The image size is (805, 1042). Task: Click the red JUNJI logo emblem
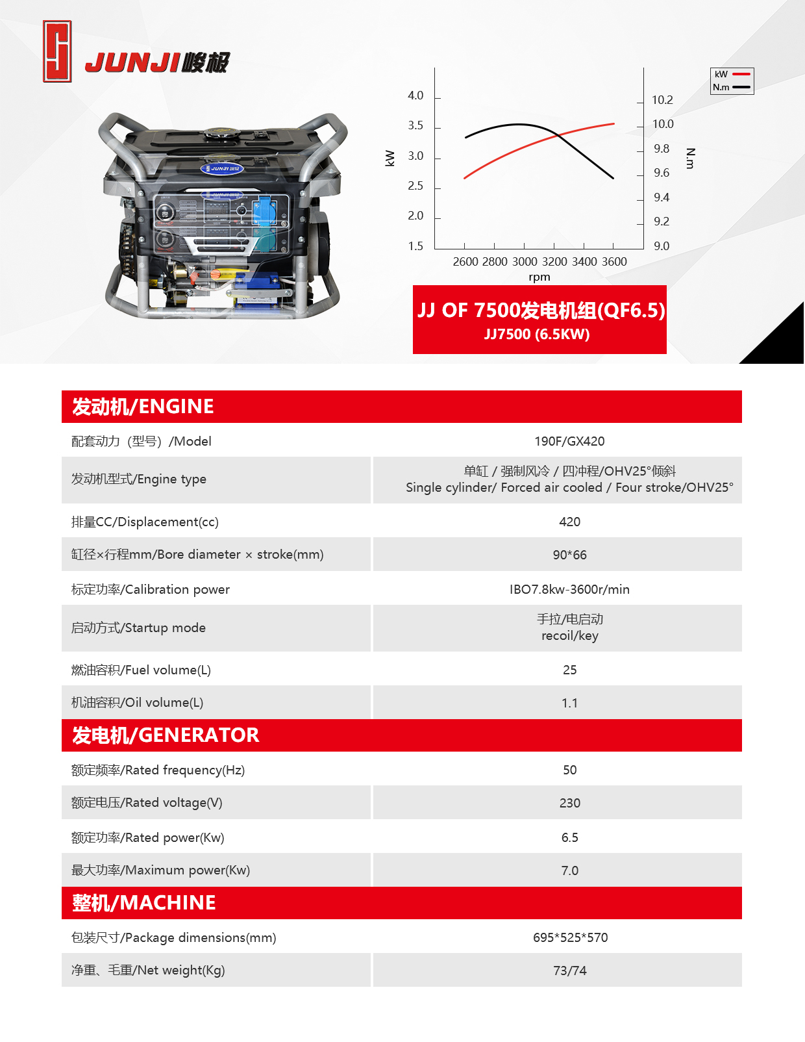[57, 51]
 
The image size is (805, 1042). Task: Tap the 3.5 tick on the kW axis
[415, 125]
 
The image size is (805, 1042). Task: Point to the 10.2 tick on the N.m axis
[662, 100]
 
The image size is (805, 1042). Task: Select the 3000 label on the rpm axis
[525, 262]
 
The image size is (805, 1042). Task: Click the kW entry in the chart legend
[732, 74]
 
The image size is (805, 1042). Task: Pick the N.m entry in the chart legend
[732, 87]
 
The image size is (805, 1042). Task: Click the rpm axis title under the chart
[539, 277]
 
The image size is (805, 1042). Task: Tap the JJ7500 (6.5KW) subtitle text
[537, 334]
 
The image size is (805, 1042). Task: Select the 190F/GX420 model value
[569, 441]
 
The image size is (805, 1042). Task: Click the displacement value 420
[569, 522]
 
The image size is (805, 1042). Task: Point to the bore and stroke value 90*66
[569, 555]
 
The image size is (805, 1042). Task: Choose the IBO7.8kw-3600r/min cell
[569, 589]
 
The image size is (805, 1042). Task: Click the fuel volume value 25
[569, 670]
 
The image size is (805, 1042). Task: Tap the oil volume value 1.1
[569, 703]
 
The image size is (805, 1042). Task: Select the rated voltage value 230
[569, 803]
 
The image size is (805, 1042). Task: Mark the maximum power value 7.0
[569, 870]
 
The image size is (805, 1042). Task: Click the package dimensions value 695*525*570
[570, 937]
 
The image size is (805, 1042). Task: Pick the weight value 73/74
[569, 971]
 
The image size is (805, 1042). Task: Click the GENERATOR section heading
[166, 735]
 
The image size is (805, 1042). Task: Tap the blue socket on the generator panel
[265, 212]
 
